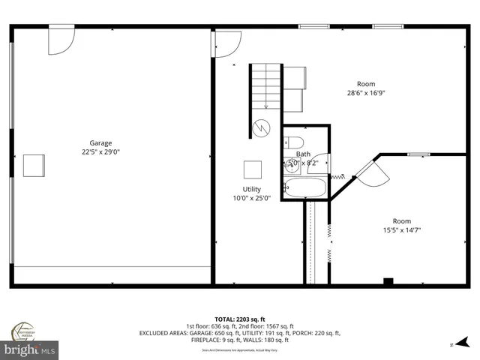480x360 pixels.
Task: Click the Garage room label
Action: tap(100, 143)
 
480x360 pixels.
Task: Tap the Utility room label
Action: tap(251, 189)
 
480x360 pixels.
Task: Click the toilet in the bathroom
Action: tap(294, 142)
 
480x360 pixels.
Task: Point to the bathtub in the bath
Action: tap(305, 187)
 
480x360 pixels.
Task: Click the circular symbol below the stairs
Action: tap(260, 127)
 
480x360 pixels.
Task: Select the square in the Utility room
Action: tap(252, 169)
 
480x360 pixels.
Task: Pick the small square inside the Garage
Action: tap(34, 165)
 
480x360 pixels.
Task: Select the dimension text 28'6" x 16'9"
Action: tap(365, 93)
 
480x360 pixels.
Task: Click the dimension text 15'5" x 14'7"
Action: tap(401, 230)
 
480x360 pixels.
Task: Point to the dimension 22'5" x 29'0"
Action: tap(100, 152)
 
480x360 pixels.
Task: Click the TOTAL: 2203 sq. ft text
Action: tap(239, 319)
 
